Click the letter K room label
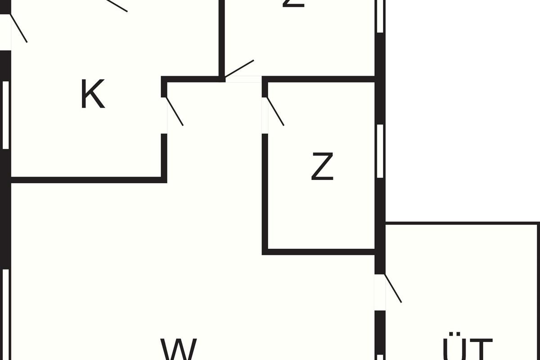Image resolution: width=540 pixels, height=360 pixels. [92, 94]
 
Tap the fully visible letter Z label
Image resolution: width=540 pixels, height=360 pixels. [322, 166]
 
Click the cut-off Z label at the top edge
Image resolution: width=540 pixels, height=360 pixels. [293, 4]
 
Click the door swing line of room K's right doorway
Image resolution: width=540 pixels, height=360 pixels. [175, 111]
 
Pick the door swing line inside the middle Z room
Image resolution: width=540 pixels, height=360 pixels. [275, 111]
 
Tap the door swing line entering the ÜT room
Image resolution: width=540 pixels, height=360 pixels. [393, 288]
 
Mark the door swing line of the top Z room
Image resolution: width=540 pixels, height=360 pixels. [239, 68]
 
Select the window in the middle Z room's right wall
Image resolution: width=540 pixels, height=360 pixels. [380, 151]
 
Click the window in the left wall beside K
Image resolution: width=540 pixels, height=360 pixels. [5, 115]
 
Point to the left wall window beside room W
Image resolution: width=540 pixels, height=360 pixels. [5, 315]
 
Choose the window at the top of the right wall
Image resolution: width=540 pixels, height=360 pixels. [380, 16]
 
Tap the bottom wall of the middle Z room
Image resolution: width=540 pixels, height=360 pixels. [319, 252]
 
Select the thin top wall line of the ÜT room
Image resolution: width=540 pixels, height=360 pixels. [461, 223]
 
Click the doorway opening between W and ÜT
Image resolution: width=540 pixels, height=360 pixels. [380, 292]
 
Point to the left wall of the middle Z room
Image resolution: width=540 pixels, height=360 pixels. [265, 191]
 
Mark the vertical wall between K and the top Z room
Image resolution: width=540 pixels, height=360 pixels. [222, 38]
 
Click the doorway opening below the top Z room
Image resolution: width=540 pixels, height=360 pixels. [243, 79]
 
